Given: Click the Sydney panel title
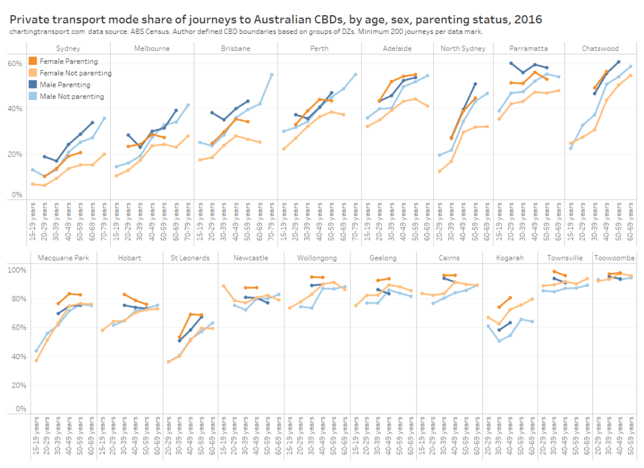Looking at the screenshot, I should click(67, 48).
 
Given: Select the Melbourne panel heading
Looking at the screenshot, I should click(152, 48).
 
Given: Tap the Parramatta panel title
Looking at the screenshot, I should click(528, 48).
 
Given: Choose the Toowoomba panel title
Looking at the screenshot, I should click(614, 258).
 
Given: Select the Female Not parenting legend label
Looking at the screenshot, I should click(75, 73).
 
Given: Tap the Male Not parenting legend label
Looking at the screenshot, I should click(72, 96).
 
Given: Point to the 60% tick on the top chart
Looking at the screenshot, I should click(14, 64).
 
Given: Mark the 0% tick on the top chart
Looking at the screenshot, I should click(16, 195).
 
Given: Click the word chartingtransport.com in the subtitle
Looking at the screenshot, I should click(47, 31).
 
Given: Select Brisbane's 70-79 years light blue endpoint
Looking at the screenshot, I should click(272, 74).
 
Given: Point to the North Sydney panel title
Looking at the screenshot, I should click(462, 48).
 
